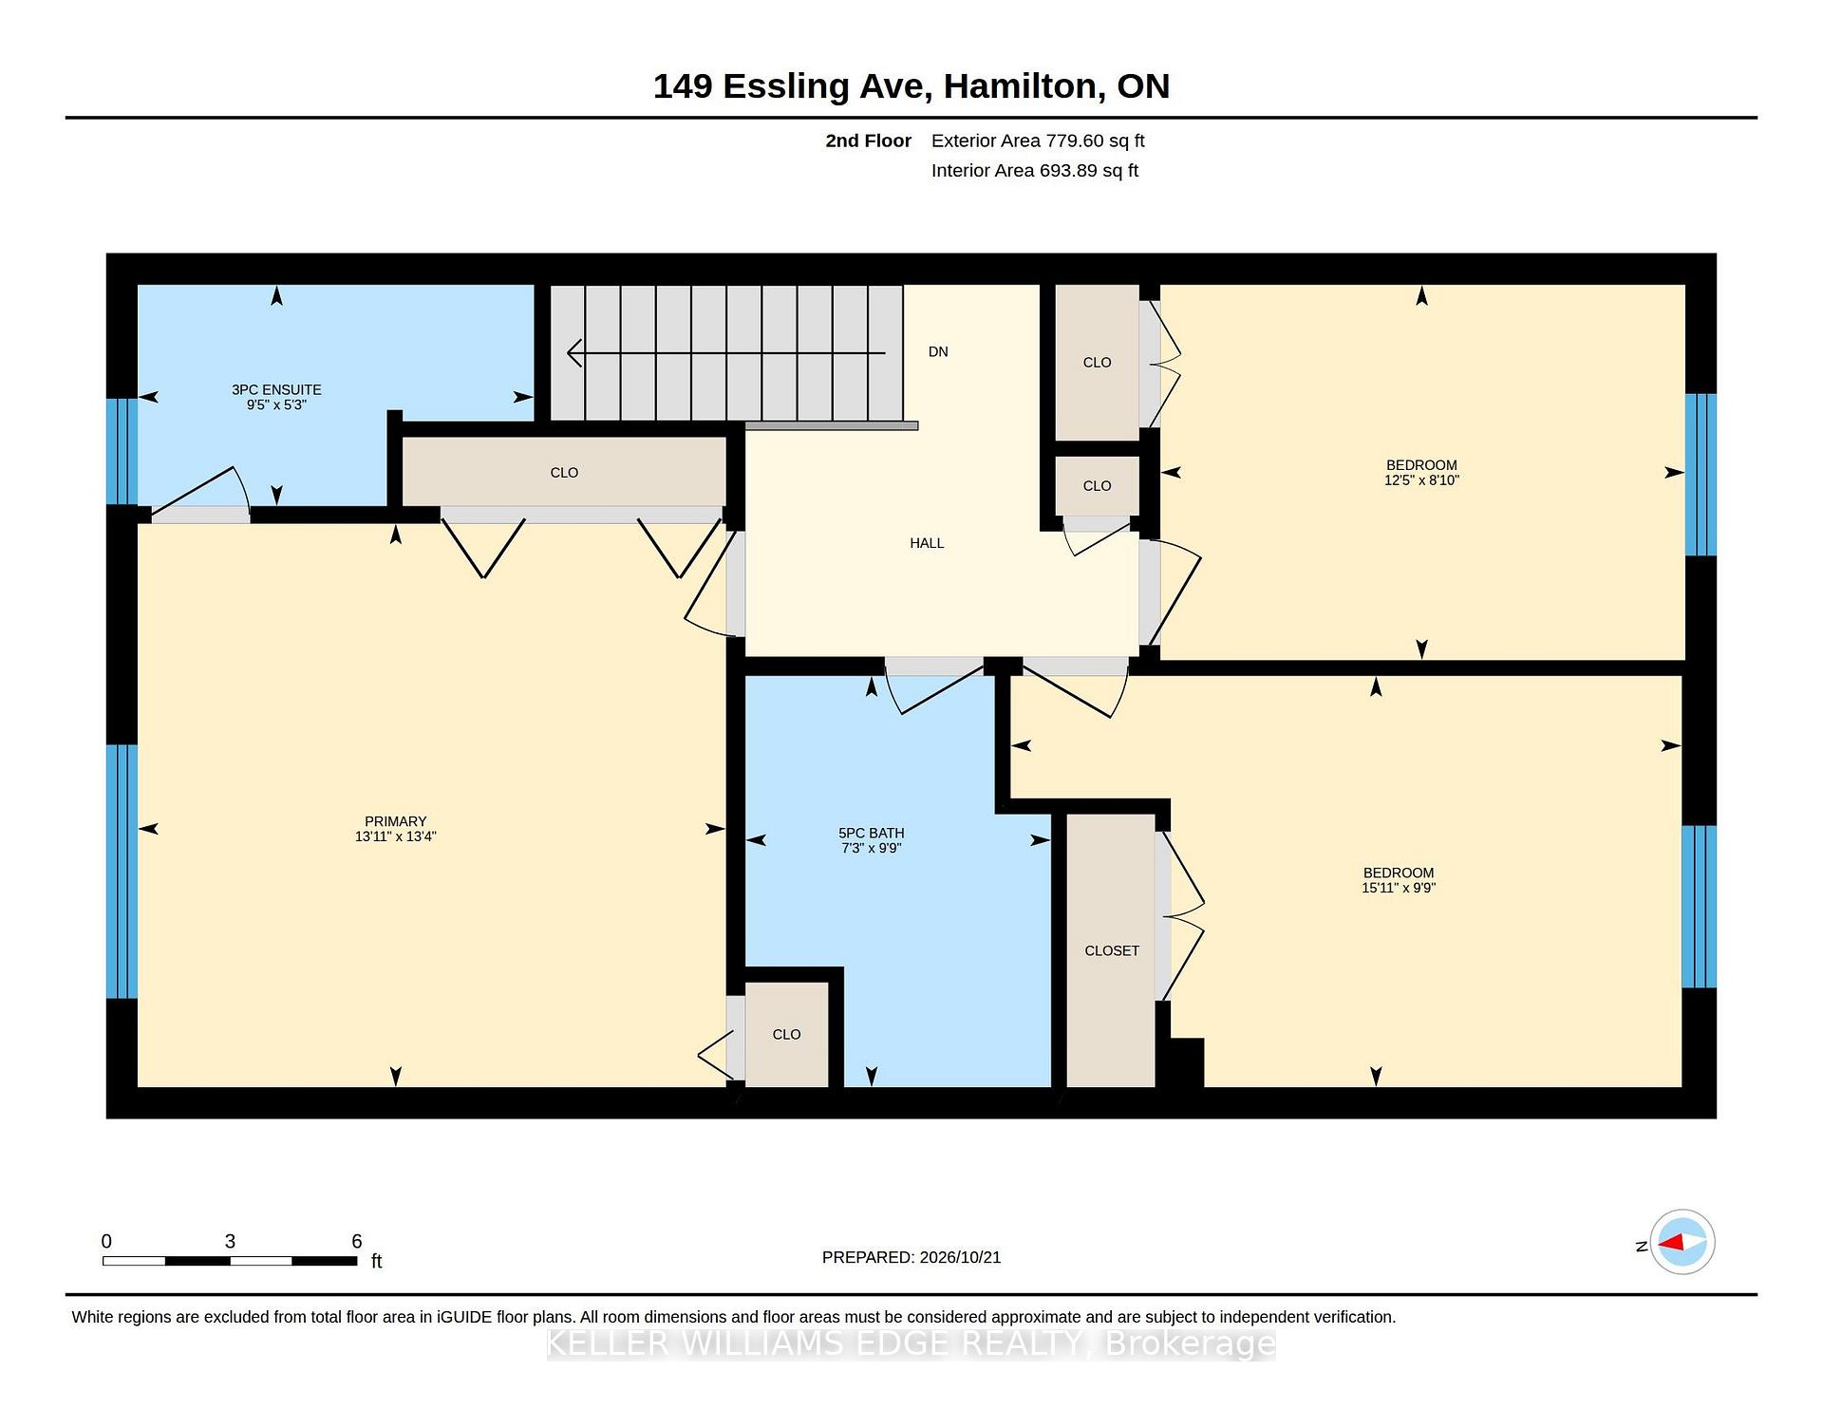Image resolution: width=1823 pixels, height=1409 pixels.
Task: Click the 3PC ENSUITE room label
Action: pos(276,389)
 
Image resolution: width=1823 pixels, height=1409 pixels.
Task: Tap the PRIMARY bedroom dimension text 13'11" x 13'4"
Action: pos(395,836)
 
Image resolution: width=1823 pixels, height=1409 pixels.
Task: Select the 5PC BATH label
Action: pos(871,833)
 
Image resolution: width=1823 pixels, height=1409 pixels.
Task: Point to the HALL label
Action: pos(927,543)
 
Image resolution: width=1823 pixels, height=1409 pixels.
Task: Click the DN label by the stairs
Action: pos(938,351)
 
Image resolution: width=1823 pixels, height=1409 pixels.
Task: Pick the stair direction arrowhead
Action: pos(574,353)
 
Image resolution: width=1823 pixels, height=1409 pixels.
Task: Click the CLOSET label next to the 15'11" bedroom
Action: pos(1112,950)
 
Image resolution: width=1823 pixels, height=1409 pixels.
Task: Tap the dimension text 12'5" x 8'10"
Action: pos(1421,480)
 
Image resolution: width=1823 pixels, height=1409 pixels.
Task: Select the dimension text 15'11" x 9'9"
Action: pos(1399,888)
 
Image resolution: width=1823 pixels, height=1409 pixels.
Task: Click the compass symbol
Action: pos(1682,1242)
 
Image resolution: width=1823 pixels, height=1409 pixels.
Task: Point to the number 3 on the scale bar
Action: pos(230,1241)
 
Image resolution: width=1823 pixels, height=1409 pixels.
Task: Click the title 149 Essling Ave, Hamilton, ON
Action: pos(911,86)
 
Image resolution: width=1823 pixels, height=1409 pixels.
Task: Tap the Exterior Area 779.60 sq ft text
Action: pos(1038,141)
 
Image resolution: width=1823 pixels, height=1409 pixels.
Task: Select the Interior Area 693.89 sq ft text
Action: pos(1035,171)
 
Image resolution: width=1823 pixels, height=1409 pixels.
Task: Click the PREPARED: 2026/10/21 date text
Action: pos(911,1257)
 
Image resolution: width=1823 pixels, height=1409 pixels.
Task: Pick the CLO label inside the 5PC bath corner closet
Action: pos(786,1034)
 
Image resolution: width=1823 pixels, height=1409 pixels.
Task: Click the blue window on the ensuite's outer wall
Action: pos(122,451)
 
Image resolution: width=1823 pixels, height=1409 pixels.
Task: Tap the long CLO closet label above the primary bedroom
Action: pos(564,472)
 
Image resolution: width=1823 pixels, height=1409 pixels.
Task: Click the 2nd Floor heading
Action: pos(868,141)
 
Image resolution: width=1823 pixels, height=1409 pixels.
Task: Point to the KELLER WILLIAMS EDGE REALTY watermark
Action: pos(911,1343)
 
